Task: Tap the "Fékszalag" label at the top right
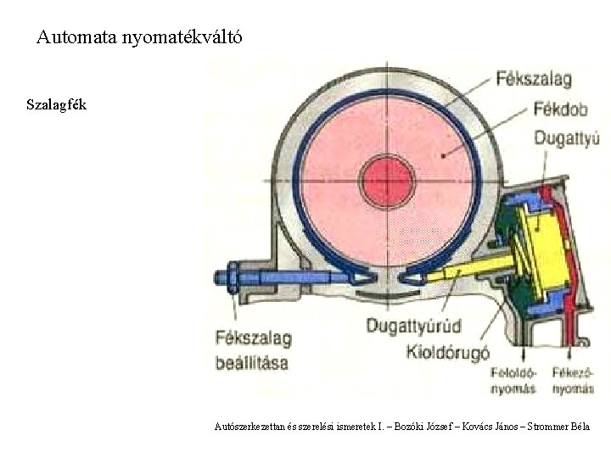tap(534, 80)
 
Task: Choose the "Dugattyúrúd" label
tap(414, 325)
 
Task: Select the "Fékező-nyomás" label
tap(573, 380)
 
